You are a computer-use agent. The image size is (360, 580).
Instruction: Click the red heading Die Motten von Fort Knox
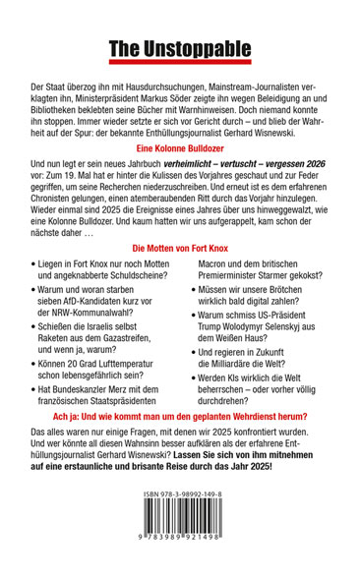(180, 278)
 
